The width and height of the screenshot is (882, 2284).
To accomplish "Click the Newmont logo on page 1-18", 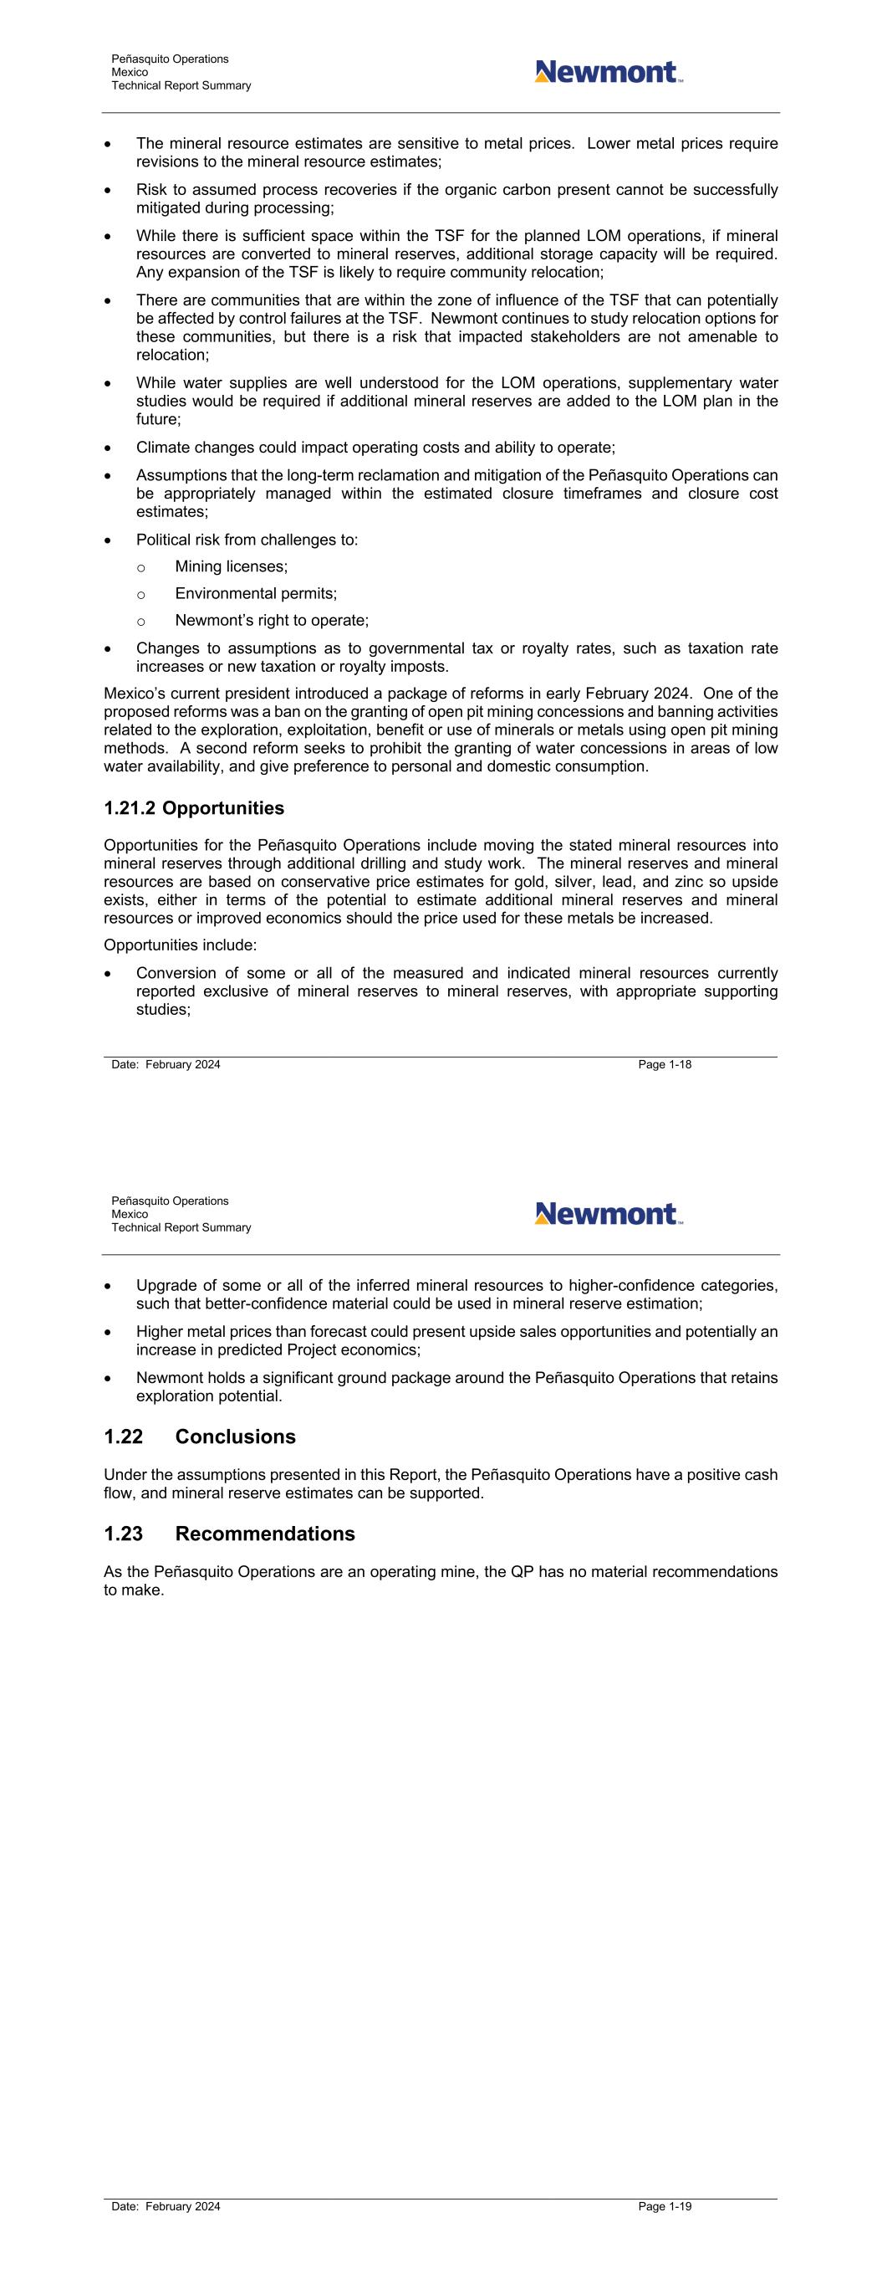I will [x=608, y=72].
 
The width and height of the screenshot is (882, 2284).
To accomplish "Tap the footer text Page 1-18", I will [x=664, y=1064].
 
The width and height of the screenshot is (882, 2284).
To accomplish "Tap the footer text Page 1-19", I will [x=664, y=2206].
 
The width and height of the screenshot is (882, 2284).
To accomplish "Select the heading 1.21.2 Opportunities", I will [x=194, y=807].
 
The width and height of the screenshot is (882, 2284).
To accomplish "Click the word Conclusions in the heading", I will [x=235, y=1436].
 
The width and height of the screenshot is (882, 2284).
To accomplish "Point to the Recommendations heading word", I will [x=265, y=1533].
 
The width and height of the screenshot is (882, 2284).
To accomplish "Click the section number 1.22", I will [x=123, y=1436].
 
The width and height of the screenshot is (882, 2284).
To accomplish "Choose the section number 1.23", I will [x=123, y=1533].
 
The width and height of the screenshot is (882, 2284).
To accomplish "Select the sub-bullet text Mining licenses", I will [x=231, y=566].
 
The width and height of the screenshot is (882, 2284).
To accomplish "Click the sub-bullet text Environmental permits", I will [x=255, y=593].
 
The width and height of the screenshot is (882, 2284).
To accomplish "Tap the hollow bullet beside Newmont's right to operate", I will [x=142, y=621].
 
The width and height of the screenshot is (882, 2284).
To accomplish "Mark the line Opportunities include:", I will [x=180, y=945].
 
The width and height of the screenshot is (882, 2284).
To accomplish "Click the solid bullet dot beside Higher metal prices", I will [x=108, y=1332].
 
